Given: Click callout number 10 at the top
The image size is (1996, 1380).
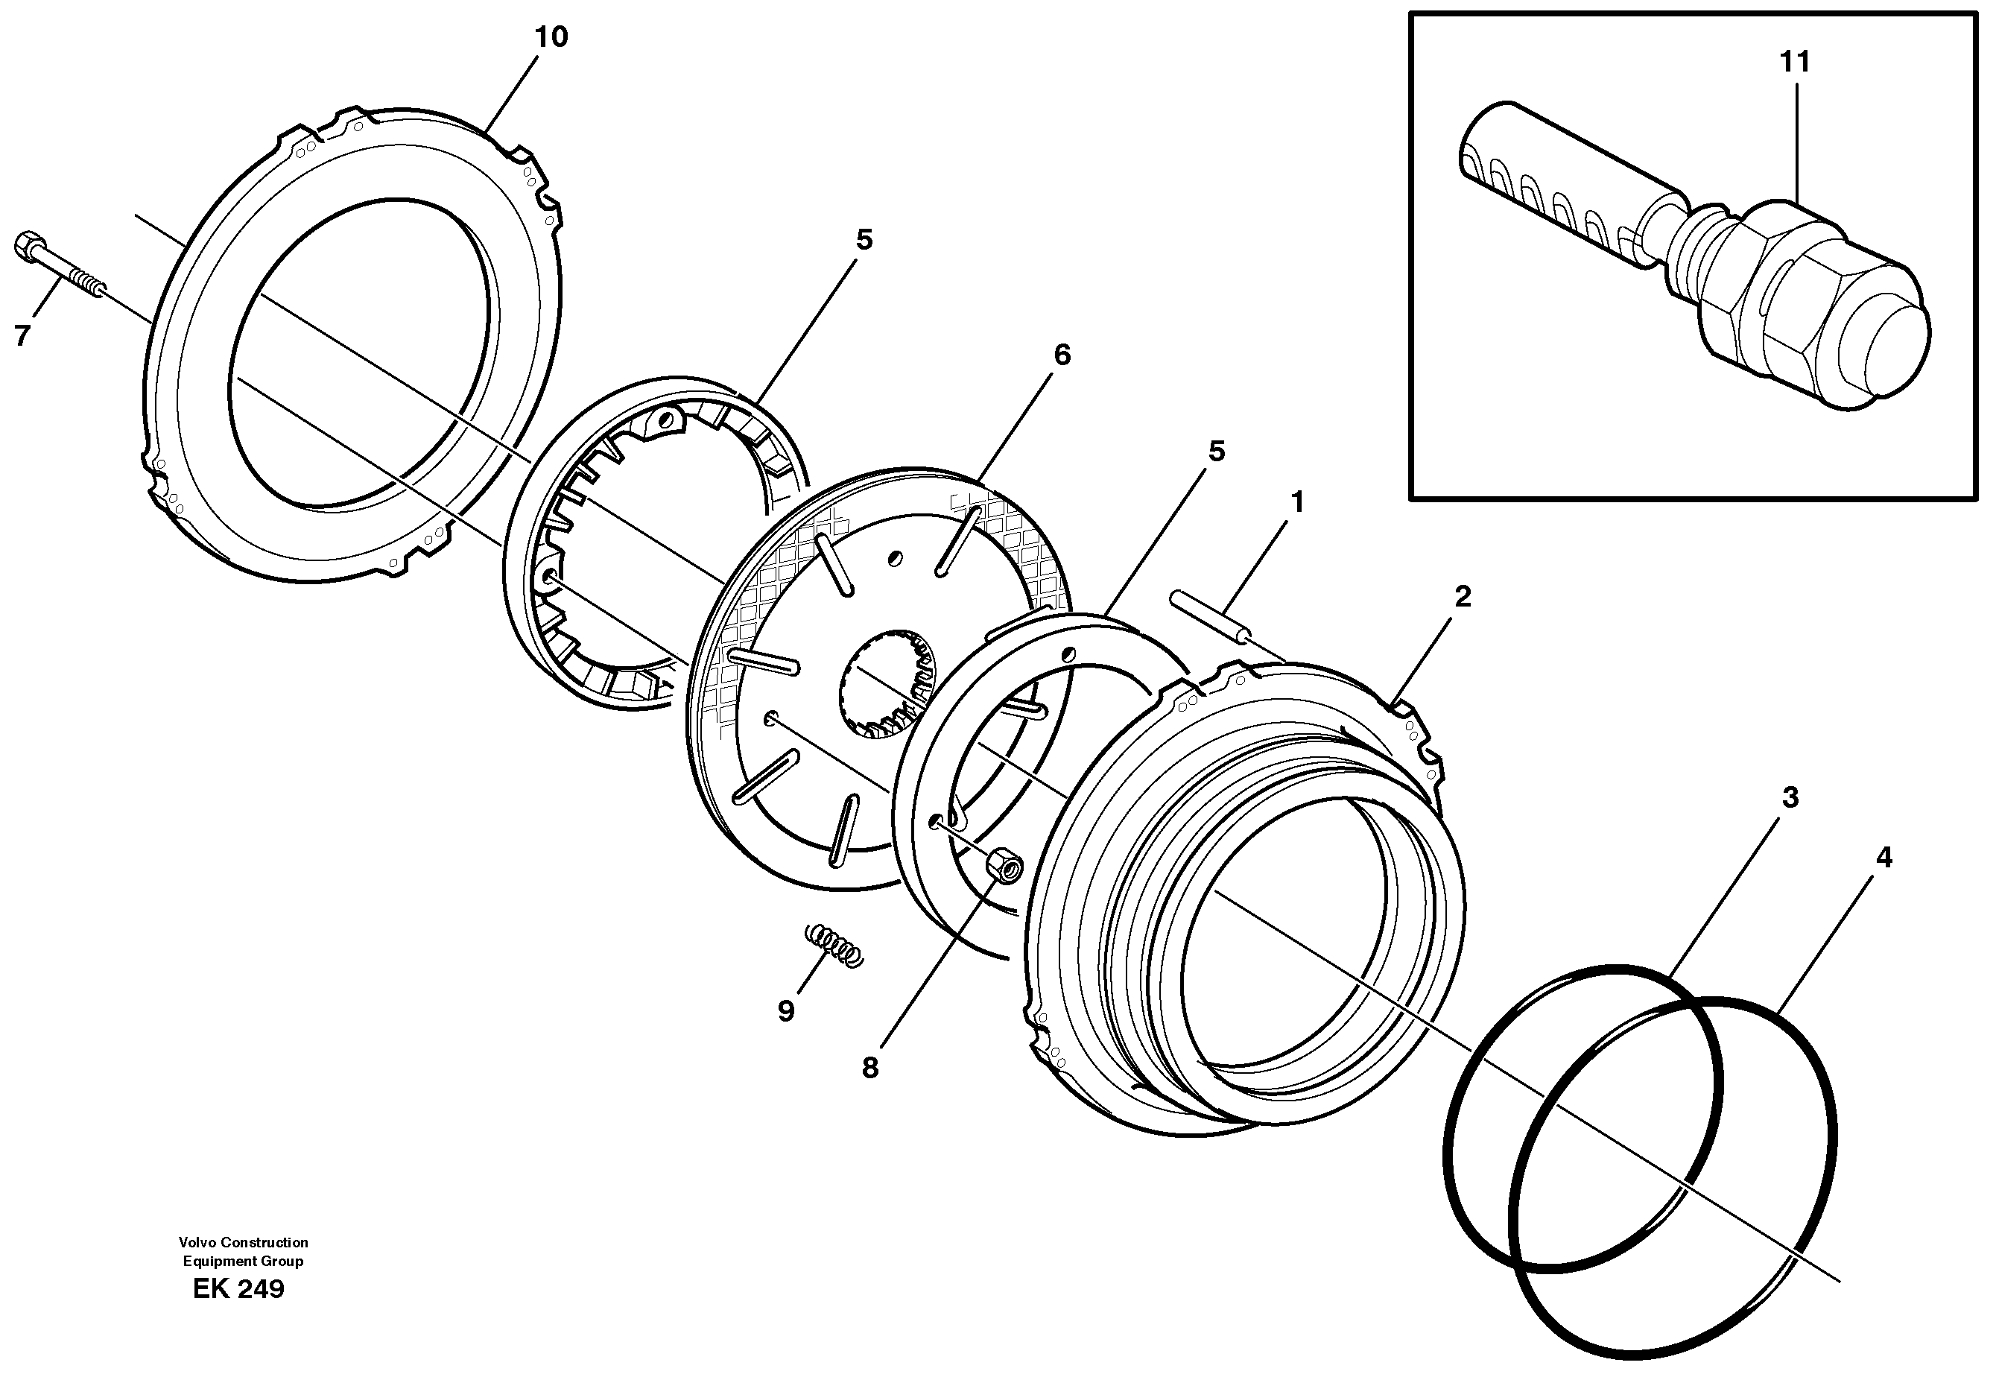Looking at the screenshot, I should tap(551, 37).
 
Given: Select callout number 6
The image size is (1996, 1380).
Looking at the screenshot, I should tap(1062, 355).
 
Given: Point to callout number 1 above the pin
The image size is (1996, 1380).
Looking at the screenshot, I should tap(1296, 501).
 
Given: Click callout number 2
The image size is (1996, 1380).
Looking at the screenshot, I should tap(1462, 596).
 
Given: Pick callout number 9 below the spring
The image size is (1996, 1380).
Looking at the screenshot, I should tap(786, 1011).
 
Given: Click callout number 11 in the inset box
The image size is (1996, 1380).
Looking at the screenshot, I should tap(1795, 63).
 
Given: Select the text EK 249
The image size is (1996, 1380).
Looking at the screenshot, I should tap(238, 1289).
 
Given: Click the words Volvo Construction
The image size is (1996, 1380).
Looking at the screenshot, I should tap(244, 1242).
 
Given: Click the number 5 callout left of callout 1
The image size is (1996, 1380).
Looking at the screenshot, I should tap(1216, 452).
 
